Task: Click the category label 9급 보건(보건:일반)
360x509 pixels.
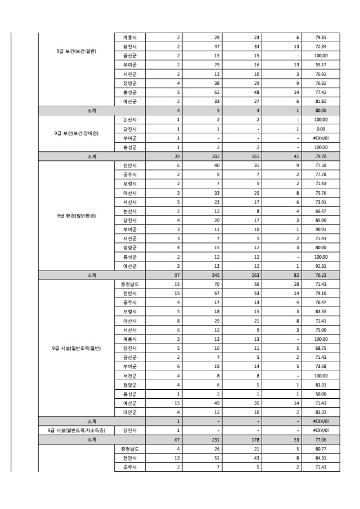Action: click(x=76, y=51)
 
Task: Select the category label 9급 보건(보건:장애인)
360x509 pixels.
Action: click(x=76, y=133)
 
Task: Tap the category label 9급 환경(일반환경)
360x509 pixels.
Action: click(x=76, y=215)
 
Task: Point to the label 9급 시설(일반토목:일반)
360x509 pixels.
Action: click(x=76, y=348)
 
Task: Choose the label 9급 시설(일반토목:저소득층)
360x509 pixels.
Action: click(x=76, y=430)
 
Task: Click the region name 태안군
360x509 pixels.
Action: click(x=129, y=412)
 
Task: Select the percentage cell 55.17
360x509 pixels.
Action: click(x=321, y=65)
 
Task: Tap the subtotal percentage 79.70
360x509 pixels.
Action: click(x=321, y=156)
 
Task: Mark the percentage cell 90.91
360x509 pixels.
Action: click(x=321, y=229)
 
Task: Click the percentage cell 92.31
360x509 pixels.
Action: click(x=321, y=265)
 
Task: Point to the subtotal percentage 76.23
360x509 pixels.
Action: click(x=321, y=275)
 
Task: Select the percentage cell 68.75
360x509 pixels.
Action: click(x=321, y=348)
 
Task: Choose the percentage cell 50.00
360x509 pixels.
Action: click(x=321, y=394)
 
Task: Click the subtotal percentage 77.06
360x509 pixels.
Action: click(x=321, y=439)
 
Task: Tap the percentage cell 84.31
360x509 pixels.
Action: click(x=321, y=458)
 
